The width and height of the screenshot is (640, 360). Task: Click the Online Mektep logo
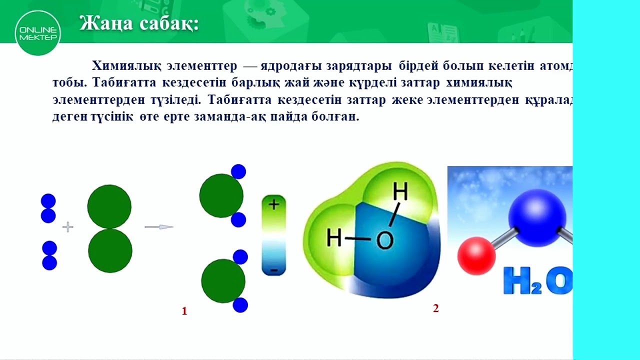38,32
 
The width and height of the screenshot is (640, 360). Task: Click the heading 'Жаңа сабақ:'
139,23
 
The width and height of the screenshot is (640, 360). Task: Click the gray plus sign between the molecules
67,227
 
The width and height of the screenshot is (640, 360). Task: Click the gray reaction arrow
158,227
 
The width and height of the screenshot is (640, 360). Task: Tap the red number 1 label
184,311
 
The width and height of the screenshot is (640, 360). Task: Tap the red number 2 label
435,308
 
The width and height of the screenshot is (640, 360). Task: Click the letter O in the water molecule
384,241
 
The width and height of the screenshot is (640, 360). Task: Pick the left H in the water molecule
333,238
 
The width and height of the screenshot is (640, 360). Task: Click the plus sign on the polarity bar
273,204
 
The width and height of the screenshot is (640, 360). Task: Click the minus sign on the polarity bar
273,270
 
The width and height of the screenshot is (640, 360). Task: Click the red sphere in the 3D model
476,256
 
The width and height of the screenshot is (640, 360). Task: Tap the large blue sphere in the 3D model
537,217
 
